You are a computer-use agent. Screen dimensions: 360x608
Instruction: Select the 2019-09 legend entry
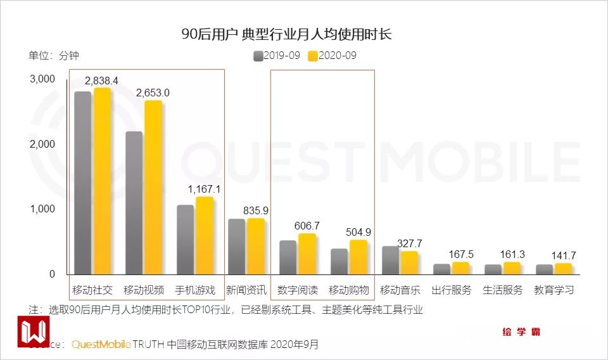(x=277, y=56)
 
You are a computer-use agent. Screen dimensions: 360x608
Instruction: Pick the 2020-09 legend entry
(x=332, y=56)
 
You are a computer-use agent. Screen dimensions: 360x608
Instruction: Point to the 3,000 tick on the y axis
(x=42, y=79)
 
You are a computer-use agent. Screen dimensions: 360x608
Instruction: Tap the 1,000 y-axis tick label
(x=42, y=209)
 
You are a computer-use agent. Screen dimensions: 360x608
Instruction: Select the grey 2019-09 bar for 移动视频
(x=134, y=203)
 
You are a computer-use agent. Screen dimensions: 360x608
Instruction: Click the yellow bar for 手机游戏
(x=204, y=236)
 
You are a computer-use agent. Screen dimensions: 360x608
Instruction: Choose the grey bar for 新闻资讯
(x=236, y=247)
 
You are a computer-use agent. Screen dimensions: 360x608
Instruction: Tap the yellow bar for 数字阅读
(x=307, y=254)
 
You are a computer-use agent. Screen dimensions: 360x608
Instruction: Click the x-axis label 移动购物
(x=348, y=290)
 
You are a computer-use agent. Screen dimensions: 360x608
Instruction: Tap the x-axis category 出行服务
(x=452, y=290)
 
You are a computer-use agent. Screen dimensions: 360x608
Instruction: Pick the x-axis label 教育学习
(x=554, y=290)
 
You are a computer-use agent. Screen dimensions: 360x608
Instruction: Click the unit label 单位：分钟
(x=54, y=56)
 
